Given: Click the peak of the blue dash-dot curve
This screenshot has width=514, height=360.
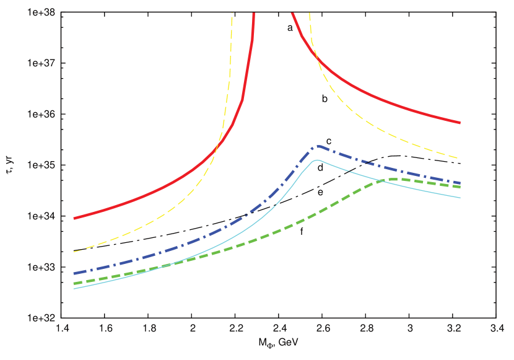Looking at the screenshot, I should tap(319, 146).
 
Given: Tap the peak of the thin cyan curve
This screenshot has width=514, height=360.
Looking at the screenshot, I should tap(317, 160).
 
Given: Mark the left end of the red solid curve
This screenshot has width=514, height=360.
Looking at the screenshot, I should tap(74, 218).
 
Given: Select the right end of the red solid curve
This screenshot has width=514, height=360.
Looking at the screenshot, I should tap(460, 123).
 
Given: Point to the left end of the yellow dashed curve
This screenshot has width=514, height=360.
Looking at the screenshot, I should tap(74, 252).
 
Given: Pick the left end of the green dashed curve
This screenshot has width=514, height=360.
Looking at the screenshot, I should tap(74, 283).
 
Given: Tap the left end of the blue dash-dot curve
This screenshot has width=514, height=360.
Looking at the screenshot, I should tap(74, 273).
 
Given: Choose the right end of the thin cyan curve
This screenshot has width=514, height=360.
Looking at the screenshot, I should tap(460, 198).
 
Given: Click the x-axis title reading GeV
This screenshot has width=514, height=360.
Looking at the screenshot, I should tap(278, 342).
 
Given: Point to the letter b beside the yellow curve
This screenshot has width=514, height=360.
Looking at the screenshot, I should tap(323, 99).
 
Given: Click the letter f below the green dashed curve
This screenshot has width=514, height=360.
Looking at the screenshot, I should tap(302, 234).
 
